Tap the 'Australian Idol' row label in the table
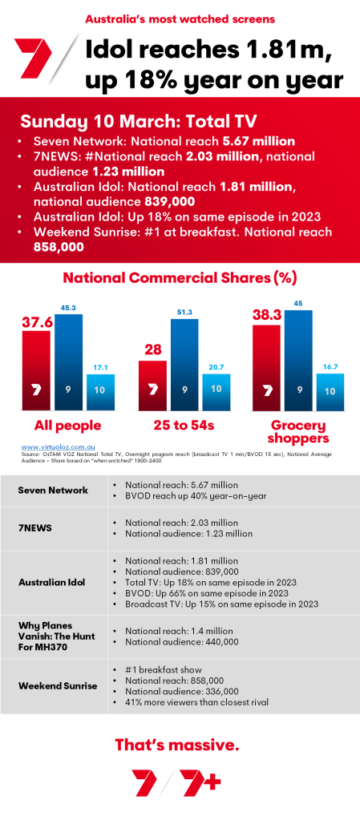click(x=53, y=581)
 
